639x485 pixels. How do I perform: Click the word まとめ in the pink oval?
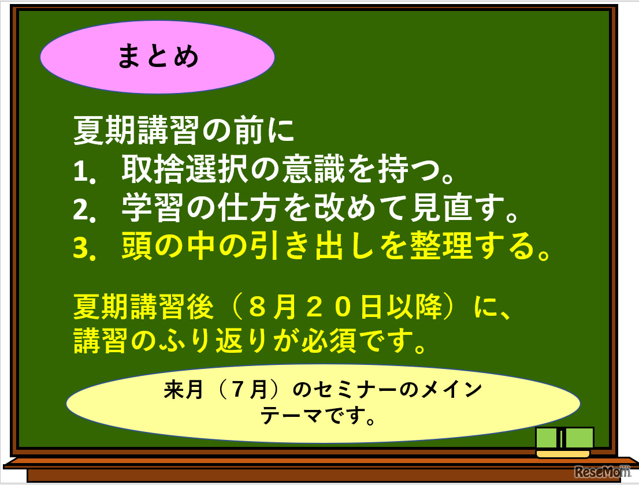pos(158,57)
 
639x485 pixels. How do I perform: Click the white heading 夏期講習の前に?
pos(184,131)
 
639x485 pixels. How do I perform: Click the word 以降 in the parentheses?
pos(421,307)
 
